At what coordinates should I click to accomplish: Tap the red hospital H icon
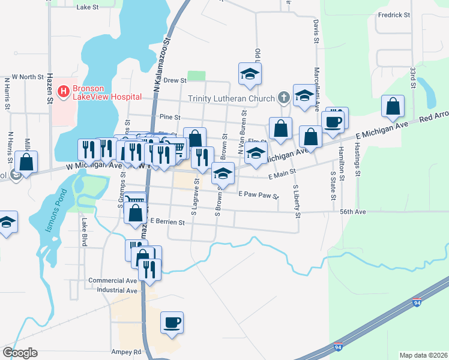click(x=62, y=92)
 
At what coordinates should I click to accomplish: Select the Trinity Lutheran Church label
click(x=231, y=98)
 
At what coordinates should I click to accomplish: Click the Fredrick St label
click(x=394, y=14)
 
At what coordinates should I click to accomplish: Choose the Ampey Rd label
click(x=125, y=352)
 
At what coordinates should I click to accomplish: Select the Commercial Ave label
click(x=113, y=280)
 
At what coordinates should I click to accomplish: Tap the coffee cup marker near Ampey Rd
click(x=172, y=322)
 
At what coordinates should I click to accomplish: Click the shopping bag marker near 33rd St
click(x=393, y=107)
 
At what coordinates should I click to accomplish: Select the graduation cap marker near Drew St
click(x=250, y=73)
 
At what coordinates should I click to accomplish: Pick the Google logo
click(x=20, y=352)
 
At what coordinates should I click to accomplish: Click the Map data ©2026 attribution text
click(x=423, y=355)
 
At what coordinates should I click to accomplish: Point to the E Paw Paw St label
click(x=259, y=194)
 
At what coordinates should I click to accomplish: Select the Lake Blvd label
click(x=83, y=232)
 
